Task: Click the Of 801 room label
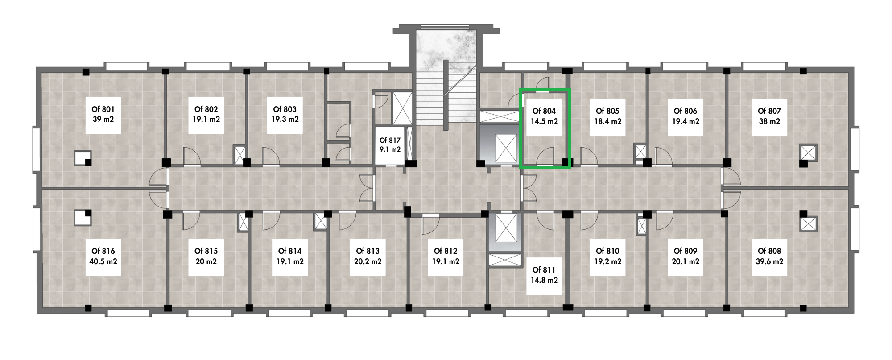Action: coord(103,109)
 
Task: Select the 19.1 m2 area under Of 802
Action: coord(206,120)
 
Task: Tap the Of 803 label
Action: coord(285,109)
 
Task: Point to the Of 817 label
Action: coord(390,140)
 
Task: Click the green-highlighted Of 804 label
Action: coord(544,111)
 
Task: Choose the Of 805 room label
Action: coord(607,111)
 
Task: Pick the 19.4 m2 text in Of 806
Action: coord(686,121)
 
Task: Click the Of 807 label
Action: coord(769,111)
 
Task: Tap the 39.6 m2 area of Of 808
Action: coord(769,261)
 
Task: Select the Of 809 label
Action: coord(686,251)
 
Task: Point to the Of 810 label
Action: coord(607,251)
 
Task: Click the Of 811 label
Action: coord(544,270)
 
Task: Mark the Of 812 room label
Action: coord(446,251)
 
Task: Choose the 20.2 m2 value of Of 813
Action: coord(368,261)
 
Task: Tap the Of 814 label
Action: coord(290,251)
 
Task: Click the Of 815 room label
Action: coord(206,251)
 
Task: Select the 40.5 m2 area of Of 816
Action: coord(103,261)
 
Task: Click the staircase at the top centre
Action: coord(446,76)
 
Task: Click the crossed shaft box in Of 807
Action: coord(808,152)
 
